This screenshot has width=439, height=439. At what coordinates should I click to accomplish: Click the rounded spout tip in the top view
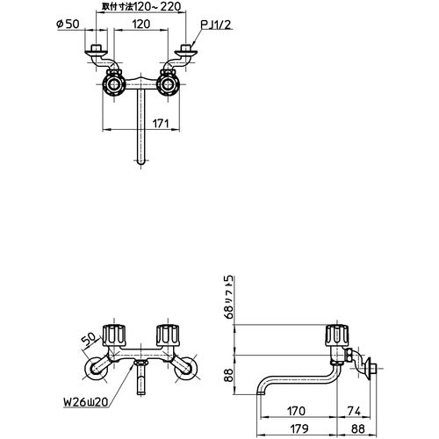[x=139, y=162]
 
